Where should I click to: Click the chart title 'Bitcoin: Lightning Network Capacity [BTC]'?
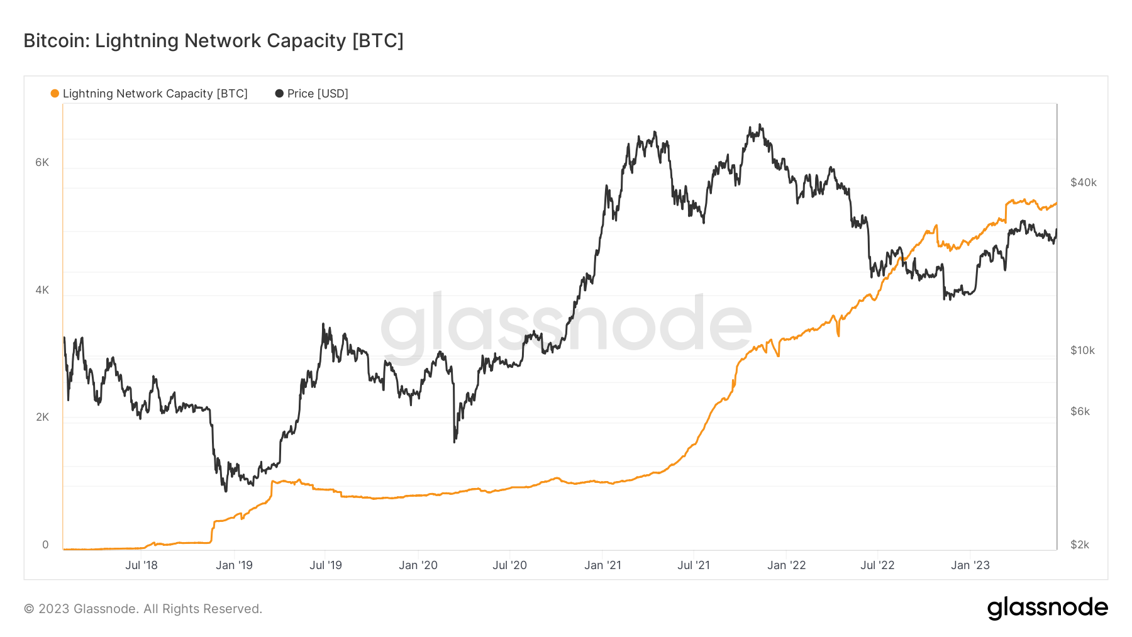[x=213, y=41]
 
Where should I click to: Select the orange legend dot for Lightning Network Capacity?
[x=55, y=94]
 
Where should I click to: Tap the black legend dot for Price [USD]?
[x=279, y=94]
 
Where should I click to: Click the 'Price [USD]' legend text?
[x=318, y=94]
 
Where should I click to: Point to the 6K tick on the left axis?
[x=42, y=162]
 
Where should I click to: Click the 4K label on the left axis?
[x=42, y=290]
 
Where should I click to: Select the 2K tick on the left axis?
[x=42, y=417]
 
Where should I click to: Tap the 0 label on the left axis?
[x=45, y=545]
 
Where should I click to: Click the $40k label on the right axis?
[x=1083, y=182]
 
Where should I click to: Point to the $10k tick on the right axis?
[x=1082, y=350]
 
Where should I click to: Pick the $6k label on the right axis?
[x=1080, y=411]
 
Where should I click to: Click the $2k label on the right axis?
[x=1080, y=545]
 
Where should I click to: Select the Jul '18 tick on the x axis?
[x=141, y=565]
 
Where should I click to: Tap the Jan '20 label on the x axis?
[x=418, y=565]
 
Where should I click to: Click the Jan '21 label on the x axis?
[x=602, y=565]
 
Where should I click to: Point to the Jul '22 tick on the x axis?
[x=877, y=565]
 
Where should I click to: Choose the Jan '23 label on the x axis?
[x=970, y=565]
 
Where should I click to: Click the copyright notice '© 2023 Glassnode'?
[x=143, y=609]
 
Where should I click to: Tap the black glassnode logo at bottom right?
[x=1047, y=608]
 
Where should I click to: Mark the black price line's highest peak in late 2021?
[x=760, y=125]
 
